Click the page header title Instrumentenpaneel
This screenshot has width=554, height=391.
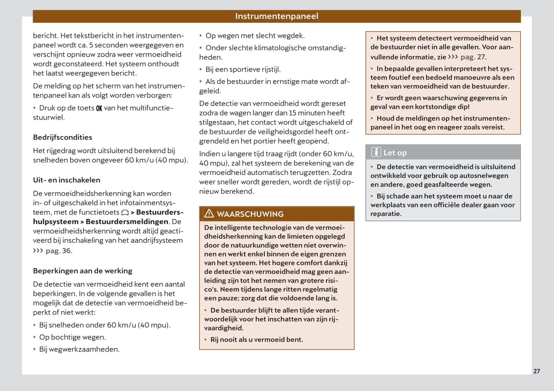pos(276,16)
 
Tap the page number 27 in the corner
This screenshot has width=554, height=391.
pos(536,371)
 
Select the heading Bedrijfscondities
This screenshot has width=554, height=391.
pos(62,137)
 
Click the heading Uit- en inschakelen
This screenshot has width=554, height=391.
pos(67,180)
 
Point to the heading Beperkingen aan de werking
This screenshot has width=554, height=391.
pos(83,271)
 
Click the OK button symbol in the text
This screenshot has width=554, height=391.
pos(99,108)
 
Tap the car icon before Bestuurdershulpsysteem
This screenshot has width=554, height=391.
pos(125,213)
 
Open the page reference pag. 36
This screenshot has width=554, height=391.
pos(58,251)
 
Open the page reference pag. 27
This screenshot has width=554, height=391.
pos(473,57)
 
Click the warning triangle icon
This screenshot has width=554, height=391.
pos(209,213)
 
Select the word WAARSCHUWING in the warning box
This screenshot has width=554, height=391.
pos(250,214)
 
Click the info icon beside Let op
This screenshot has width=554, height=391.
pos(376,152)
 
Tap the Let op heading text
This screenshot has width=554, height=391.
pos(395,153)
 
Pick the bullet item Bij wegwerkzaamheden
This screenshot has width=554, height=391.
pos(79,349)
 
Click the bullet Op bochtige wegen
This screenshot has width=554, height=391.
pos(72,337)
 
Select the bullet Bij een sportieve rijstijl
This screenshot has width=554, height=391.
pos(243,70)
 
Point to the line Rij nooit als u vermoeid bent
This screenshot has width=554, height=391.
pos(257,340)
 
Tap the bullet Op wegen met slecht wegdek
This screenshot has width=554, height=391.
pos(255,36)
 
